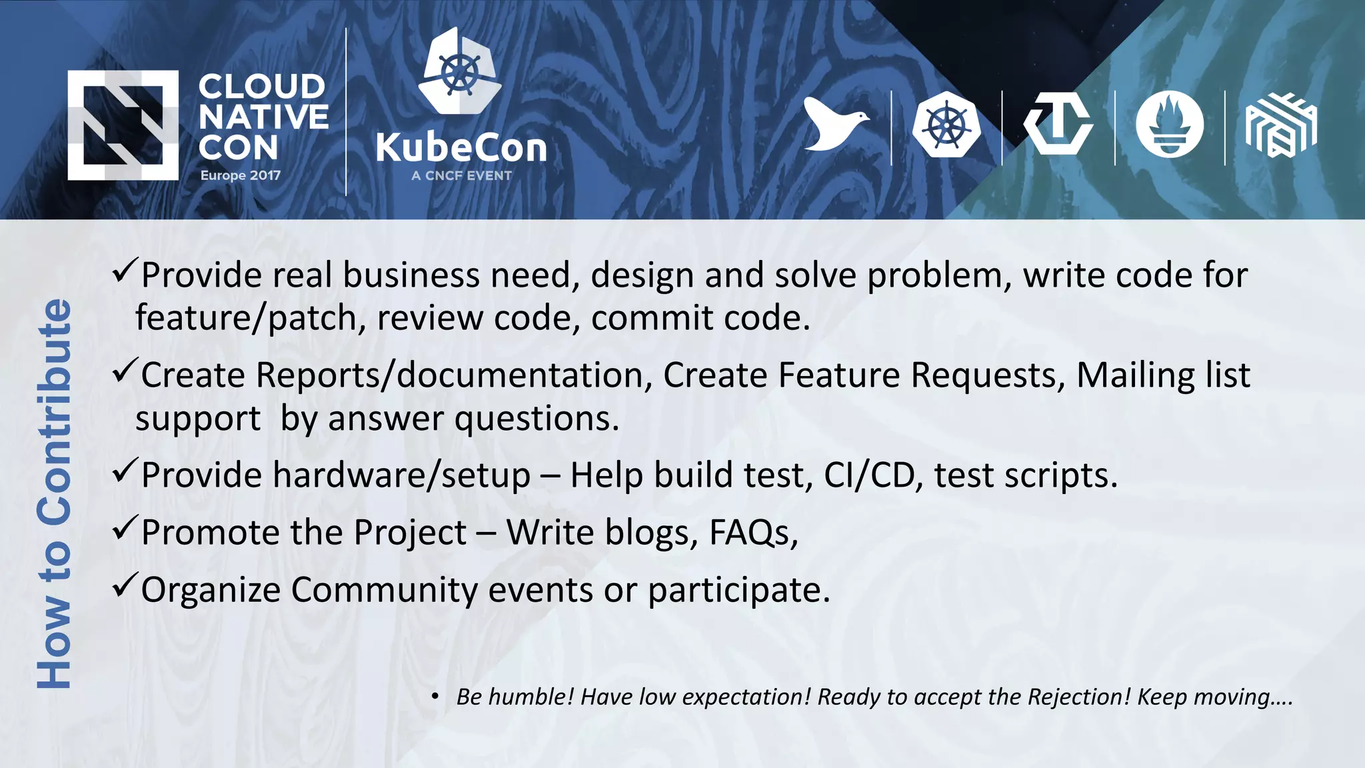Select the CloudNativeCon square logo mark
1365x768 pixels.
[x=123, y=125]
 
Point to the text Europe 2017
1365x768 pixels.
[x=241, y=175]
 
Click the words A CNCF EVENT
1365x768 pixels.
[x=461, y=176]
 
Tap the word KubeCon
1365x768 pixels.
[x=461, y=147]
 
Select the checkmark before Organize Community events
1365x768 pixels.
[x=125, y=585]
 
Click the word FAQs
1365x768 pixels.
[x=752, y=533]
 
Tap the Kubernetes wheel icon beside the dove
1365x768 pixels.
[x=946, y=125]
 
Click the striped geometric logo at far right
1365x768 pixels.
[x=1280, y=125]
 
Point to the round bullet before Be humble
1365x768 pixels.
[x=435, y=697]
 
